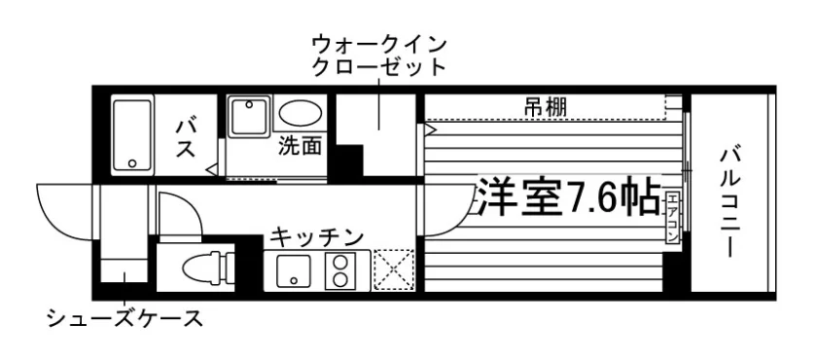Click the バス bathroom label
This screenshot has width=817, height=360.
(186, 138)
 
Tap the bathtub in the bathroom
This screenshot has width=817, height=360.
(133, 134)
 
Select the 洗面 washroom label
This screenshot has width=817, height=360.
(300, 146)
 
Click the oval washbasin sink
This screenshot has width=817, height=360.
(300, 112)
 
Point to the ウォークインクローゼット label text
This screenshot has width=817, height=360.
(378, 56)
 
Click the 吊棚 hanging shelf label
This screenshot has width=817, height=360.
(546, 108)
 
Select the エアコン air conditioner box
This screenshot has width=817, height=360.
(672, 217)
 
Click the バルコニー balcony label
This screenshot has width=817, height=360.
(730, 202)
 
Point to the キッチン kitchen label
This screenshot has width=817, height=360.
(316, 237)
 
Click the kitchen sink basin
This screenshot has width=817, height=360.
(294, 272)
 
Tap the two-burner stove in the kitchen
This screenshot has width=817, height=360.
(340, 270)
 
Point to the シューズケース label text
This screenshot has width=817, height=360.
(124, 318)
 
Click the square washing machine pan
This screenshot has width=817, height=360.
(249, 117)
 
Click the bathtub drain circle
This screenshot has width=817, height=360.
(132, 163)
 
